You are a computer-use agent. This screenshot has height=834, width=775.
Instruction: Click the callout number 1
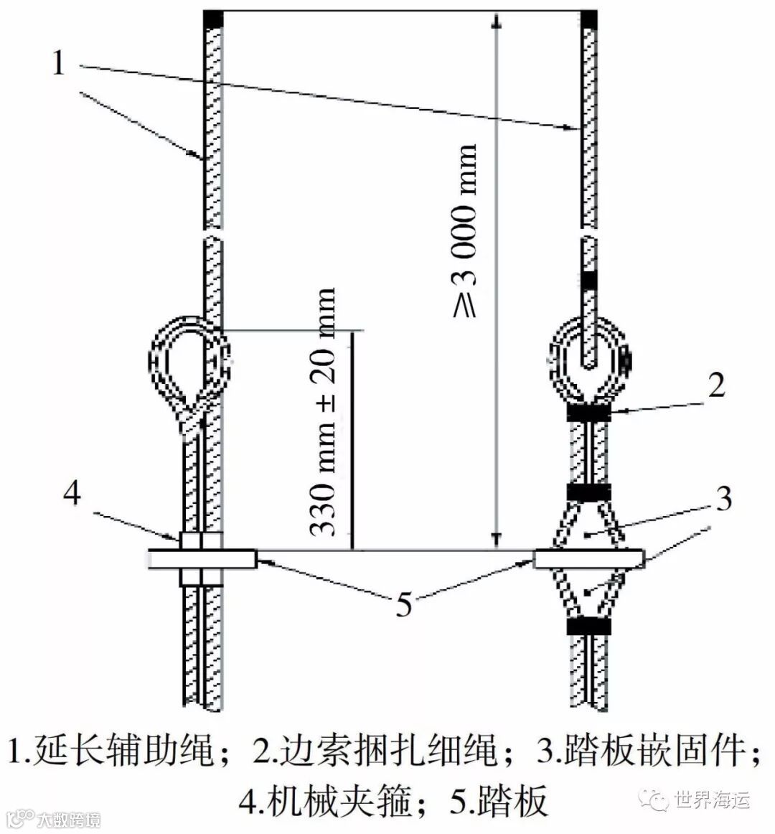(x=59, y=63)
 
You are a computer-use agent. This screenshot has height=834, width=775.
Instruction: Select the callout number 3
(x=723, y=497)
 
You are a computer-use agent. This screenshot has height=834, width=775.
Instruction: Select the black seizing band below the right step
(x=588, y=627)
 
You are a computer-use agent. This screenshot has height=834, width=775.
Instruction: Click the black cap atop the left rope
(x=214, y=19)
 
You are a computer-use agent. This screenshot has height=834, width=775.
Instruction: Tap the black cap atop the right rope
(x=590, y=19)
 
